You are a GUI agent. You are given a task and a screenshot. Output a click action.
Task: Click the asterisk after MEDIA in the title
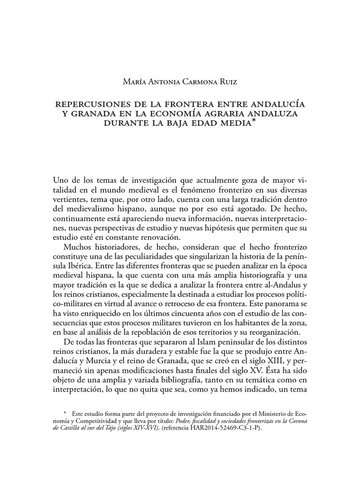254,121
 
